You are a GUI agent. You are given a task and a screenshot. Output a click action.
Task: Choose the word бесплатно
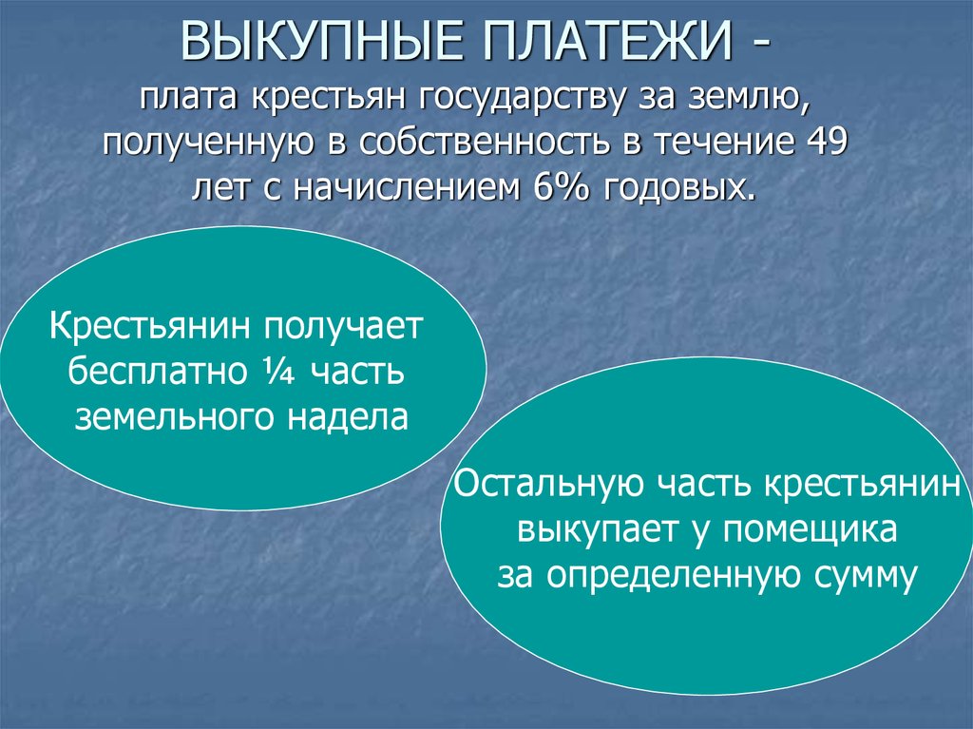pyautogui.click(x=157, y=372)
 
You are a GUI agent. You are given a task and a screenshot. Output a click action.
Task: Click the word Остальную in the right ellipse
pyautogui.click(x=549, y=485)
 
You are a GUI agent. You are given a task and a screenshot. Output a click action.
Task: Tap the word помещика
pyautogui.click(x=810, y=532)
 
